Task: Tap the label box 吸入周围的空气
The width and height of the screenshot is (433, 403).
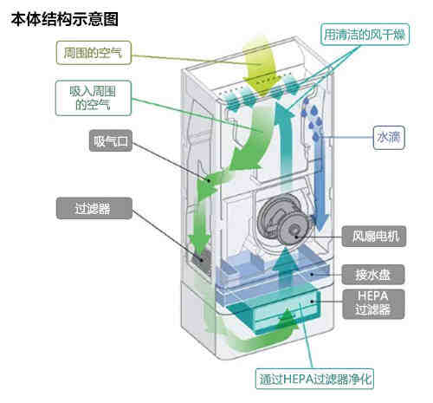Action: pyautogui.click(x=96, y=97)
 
